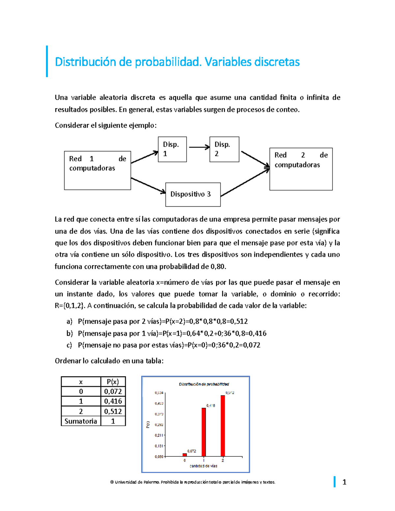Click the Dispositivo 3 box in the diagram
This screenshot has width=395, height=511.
click(193, 194)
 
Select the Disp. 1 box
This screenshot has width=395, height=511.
click(172, 149)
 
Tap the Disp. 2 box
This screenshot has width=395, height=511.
click(224, 149)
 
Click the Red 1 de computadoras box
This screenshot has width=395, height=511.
click(97, 170)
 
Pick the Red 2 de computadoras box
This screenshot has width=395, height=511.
click(301, 169)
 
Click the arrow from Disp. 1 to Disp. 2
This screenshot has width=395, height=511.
click(199, 147)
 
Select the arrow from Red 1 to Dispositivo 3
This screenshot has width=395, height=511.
click(148, 185)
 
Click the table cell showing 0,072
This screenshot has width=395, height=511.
click(113, 392)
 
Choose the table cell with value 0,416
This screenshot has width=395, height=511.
click(113, 401)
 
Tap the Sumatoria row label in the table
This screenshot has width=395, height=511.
click(81, 421)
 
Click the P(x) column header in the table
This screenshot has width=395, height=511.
click(113, 382)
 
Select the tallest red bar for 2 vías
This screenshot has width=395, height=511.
click(223, 426)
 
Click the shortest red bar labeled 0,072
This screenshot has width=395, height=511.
click(185, 455)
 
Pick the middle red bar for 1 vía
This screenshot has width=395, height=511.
click(204, 432)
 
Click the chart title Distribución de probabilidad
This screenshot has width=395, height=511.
click(204, 384)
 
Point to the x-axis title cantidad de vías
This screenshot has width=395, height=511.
click(203, 466)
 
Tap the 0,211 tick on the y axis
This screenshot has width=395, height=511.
click(159, 435)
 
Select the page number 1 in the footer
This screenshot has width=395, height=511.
click(344, 482)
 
